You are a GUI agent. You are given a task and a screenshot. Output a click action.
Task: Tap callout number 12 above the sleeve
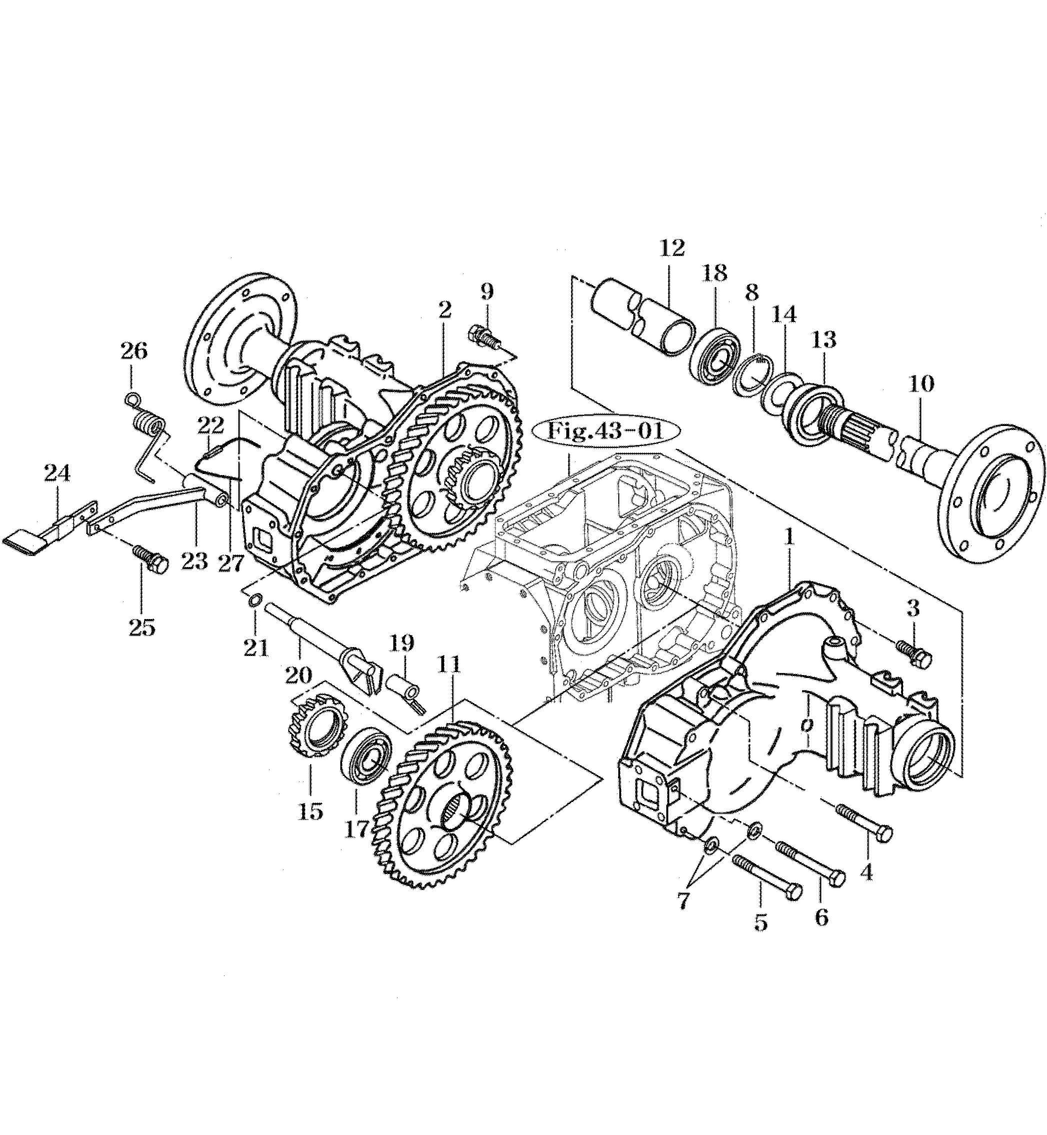coord(672,249)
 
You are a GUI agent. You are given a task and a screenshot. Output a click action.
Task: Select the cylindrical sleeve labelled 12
coord(644,321)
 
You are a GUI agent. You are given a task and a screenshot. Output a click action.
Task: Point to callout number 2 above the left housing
coord(444,309)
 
